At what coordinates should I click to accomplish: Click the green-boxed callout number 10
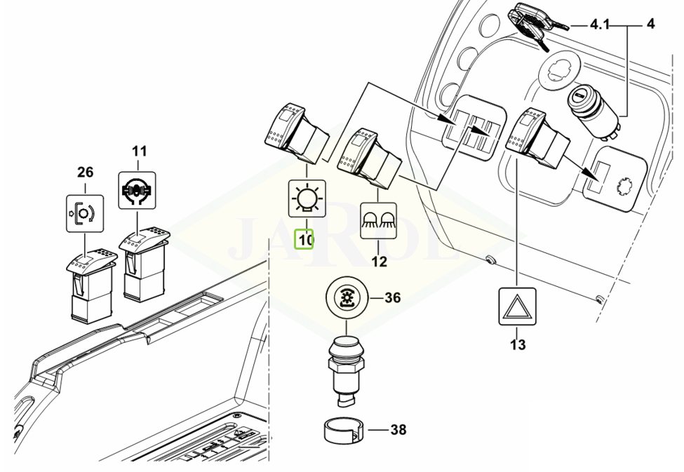click(306, 240)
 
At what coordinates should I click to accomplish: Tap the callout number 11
click(140, 150)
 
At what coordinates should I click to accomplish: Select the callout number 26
click(84, 172)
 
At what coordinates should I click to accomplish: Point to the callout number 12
click(379, 262)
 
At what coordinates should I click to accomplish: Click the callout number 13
click(518, 344)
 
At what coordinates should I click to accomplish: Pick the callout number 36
click(392, 298)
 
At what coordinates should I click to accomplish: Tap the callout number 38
click(397, 430)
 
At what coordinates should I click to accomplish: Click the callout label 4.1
click(600, 25)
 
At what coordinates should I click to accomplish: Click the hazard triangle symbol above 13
click(517, 306)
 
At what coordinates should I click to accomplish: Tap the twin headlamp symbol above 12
click(379, 220)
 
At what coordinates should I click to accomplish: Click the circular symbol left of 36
click(346, 298)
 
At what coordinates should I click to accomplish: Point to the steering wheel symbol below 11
click(136, 189)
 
